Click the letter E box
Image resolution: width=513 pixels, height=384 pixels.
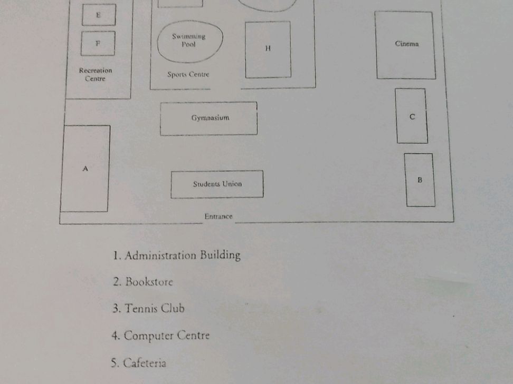(99, 15)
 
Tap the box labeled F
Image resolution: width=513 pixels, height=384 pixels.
(98, 43)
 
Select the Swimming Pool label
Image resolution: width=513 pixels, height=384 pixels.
(189, 40)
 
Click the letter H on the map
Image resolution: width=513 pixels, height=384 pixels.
(268, 48)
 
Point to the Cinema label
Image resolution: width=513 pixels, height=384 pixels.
(407, 44)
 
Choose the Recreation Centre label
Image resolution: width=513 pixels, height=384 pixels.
(95, 74)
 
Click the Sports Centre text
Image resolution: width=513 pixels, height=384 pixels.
(188, 74)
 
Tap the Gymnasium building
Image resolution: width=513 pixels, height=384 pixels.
(208, 118)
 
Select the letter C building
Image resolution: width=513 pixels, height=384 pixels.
(412, 116)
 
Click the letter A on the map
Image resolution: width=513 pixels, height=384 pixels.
(85, 169)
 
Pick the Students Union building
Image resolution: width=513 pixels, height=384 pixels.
(217, 184)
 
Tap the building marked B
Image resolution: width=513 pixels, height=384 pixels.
(420, 180)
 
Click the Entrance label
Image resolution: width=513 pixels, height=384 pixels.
(218, 216)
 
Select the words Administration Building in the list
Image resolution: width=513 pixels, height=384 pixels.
(183, 255)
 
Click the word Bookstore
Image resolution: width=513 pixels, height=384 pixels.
(149, 282)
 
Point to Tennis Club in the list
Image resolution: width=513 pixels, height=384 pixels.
(155, 308)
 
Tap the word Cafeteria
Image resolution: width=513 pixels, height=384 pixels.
(145, 363)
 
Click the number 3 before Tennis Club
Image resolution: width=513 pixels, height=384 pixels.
(116, 309)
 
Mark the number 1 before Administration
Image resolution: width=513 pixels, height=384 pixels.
(116, 255)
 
